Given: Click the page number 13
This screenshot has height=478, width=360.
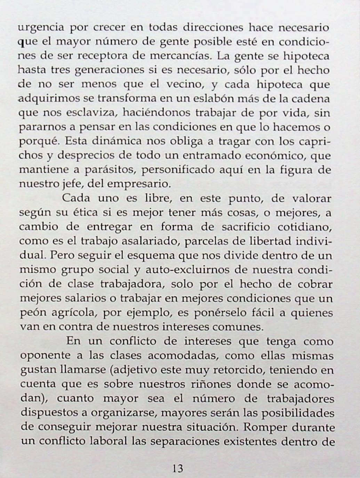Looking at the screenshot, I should pyautogui.click(x=177, y=468).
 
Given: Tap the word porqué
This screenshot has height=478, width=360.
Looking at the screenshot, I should pyautogui.click(x=39, y=142).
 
